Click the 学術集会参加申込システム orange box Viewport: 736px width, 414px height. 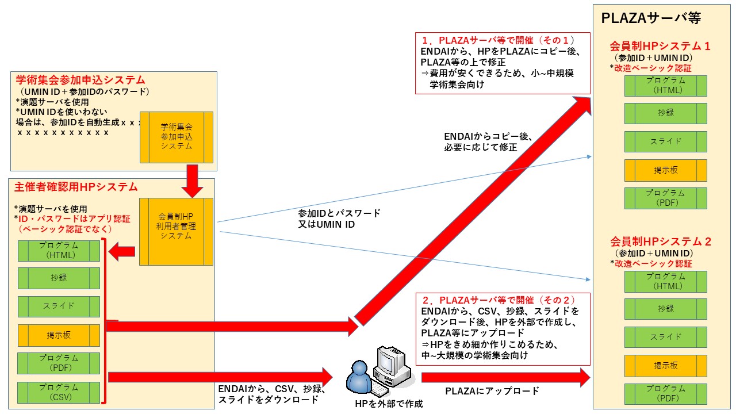coord(177,137)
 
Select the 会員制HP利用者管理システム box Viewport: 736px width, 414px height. coord(177,231)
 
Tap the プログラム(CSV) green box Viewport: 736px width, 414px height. coord(59,392)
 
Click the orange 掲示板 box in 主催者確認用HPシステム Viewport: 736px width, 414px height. coord(59,335)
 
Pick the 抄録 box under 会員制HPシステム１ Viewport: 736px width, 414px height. coord(666,113)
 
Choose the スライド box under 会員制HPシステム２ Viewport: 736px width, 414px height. coord(666,337)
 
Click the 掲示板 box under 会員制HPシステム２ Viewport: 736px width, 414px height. coord(666,366)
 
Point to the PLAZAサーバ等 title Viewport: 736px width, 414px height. coord(651,18)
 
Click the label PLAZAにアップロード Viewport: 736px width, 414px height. coord(492,392)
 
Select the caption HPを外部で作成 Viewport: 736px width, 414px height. coord(389,404)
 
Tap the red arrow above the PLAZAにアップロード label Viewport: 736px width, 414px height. coord(506,377)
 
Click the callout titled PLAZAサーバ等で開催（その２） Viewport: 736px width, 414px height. coord(503,328)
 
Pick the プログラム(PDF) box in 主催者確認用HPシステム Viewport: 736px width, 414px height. coord(59,363)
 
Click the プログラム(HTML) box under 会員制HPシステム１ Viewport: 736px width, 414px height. coord(666,85)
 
